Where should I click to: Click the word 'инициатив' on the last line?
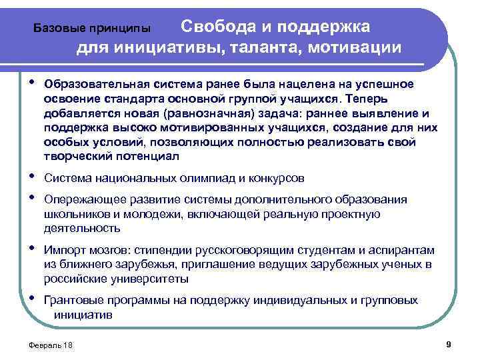[x=83, y=314]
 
